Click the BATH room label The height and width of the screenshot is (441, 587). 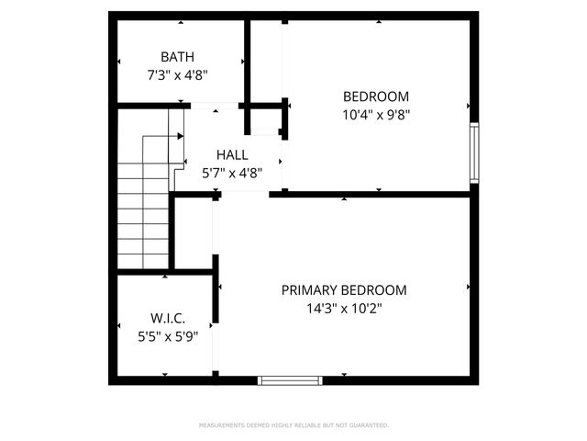click(177, 57)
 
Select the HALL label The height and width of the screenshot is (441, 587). click(232, 154)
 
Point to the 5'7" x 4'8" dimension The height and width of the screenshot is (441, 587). click(232, 172)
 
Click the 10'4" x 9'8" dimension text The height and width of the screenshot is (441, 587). click(376, 115)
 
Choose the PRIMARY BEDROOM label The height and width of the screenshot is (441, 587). click(344, 290)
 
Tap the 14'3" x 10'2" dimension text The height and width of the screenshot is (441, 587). click(344, 309)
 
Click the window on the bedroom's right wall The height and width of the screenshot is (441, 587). click(474, 153)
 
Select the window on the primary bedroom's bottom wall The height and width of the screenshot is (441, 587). click(290, 379)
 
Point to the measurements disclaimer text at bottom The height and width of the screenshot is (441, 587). click(293, 425)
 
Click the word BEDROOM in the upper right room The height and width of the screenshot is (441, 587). click(376, 96)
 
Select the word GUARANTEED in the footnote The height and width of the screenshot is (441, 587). click(368, 425)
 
